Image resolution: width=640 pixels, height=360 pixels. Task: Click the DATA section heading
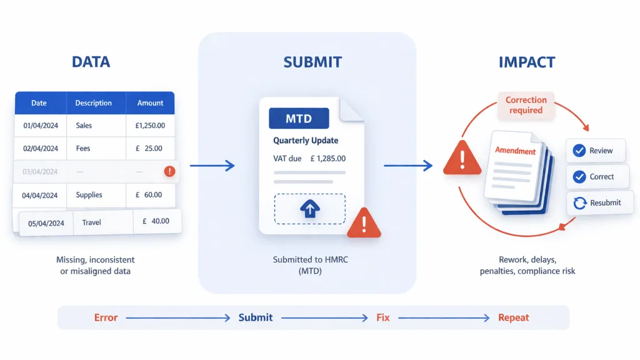pos(91,62)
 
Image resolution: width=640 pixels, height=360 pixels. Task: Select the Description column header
pos(93,103)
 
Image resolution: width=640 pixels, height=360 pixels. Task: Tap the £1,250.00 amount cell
pos(150,126)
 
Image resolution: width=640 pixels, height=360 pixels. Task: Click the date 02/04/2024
pos(41,149)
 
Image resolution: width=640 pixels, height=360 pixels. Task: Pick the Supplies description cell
pos(89,195)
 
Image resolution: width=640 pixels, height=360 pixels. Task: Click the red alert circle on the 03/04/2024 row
pos(169,171)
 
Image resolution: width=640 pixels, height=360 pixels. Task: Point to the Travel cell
pos(91,222)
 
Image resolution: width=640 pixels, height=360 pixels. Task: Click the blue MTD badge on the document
pos(299,119)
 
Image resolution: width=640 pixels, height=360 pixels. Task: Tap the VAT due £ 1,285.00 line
pos(309,159)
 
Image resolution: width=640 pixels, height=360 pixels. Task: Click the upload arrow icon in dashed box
pos(309,209)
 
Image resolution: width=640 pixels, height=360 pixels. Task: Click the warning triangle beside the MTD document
pos(363,224)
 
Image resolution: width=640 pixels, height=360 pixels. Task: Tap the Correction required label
pos(526,105)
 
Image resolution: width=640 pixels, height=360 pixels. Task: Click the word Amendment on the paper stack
pos(515,151)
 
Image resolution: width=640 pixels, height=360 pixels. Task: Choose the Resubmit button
pos(598,202)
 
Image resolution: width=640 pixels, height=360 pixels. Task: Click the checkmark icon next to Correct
pos(579,177)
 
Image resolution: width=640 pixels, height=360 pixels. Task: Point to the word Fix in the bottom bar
pos(382,317)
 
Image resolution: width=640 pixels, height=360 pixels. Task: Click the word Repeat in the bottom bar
pos(513,317)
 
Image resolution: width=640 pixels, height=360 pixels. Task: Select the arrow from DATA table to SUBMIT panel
pos(212,166)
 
